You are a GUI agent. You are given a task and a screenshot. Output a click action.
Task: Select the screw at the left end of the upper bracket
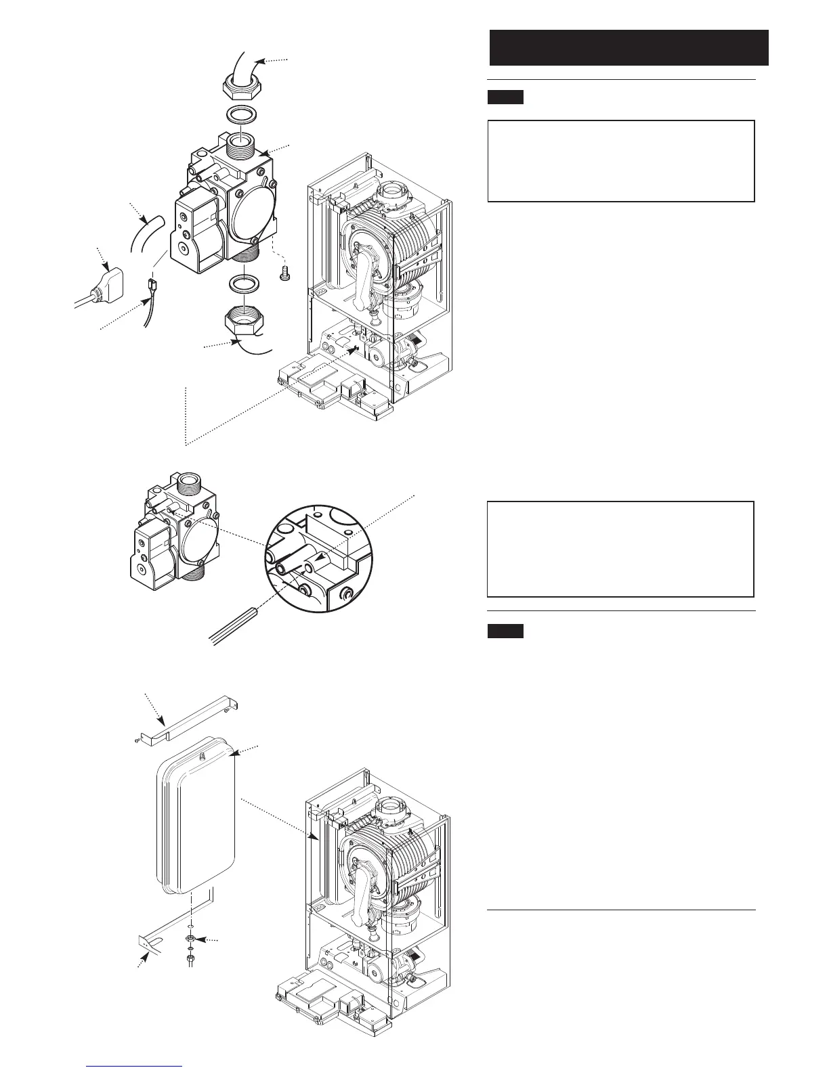pyautogui.click(x=136, y=742)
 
